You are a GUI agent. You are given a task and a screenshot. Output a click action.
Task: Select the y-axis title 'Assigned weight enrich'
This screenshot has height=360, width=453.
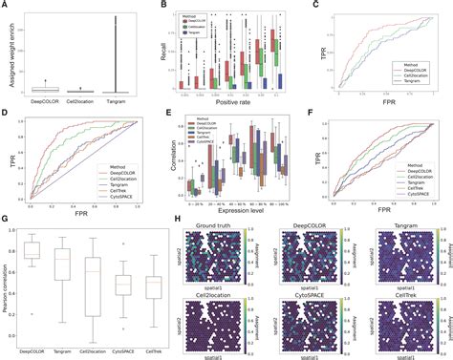[9, 53]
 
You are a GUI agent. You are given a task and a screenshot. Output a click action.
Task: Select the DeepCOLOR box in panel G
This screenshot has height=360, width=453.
[34, 250]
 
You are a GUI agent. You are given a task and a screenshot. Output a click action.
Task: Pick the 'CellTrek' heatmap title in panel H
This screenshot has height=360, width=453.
[401, 295]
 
